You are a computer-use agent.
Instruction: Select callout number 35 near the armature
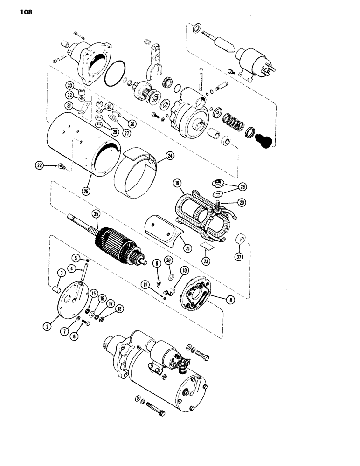click(x=96, y=214)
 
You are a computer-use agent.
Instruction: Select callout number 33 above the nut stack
click(x=69, y=85)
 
